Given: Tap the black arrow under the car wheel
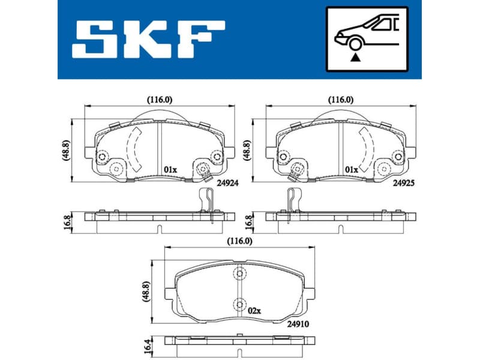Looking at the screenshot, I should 355,58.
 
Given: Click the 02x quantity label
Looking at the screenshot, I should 254,311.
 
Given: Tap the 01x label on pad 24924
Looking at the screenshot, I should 170,170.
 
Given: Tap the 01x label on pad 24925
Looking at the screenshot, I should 352,170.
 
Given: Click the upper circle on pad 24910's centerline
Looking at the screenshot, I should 239,274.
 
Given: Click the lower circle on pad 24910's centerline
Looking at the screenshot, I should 239,304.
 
